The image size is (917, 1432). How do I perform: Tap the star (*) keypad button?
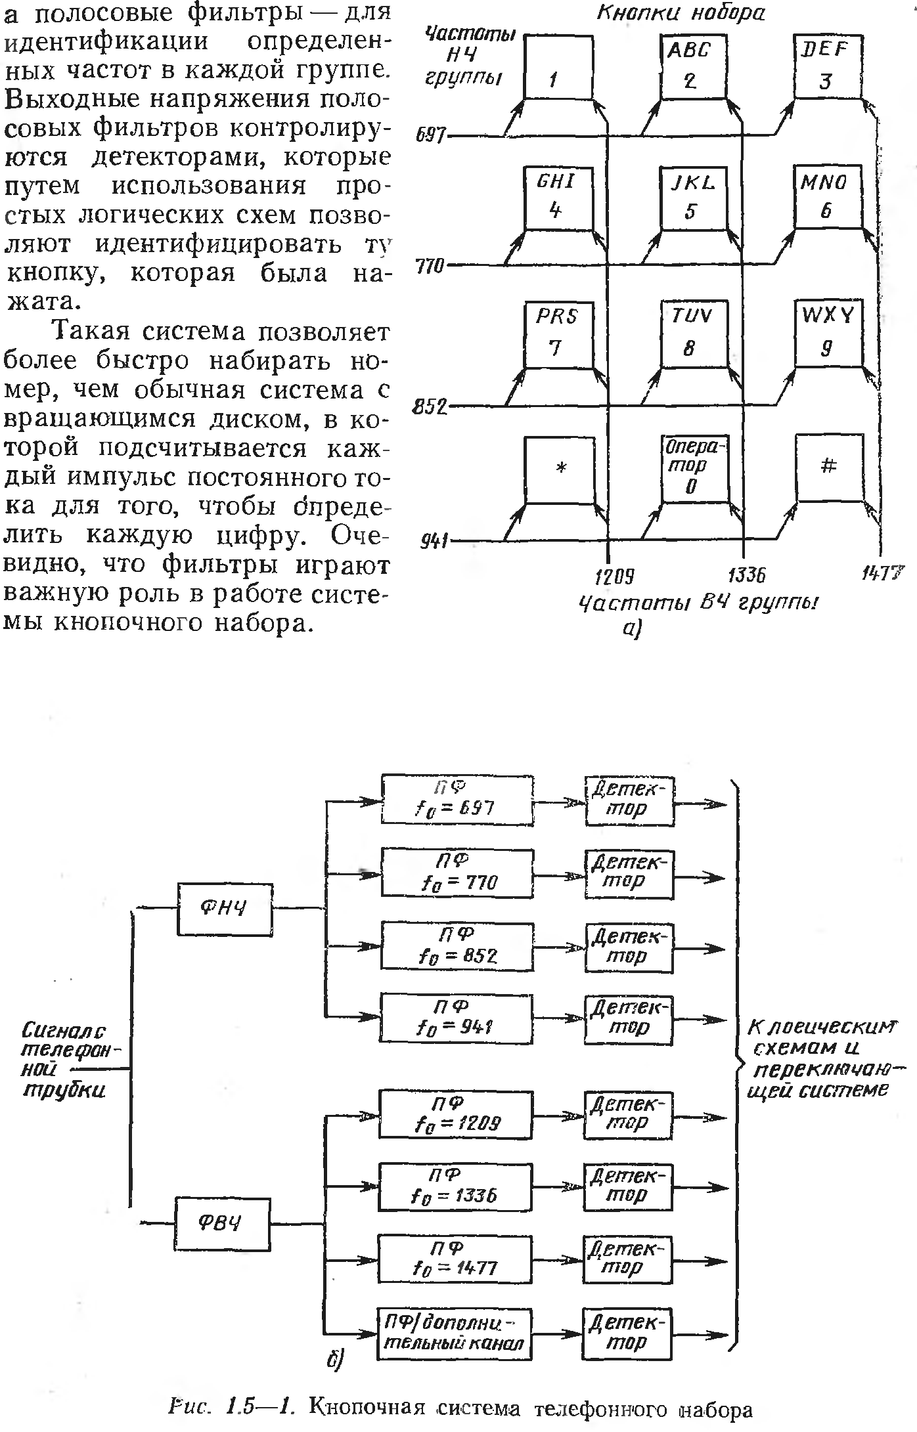(559, 469)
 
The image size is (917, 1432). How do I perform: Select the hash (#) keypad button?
(828, 467)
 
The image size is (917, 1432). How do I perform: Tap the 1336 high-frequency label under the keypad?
(748, 576)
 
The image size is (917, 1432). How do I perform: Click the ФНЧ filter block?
(224, 909)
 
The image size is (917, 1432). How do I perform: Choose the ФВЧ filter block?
(222, 1225)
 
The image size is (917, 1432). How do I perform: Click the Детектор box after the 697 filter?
(629, 800)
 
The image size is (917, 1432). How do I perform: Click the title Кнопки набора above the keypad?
(681, 14)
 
